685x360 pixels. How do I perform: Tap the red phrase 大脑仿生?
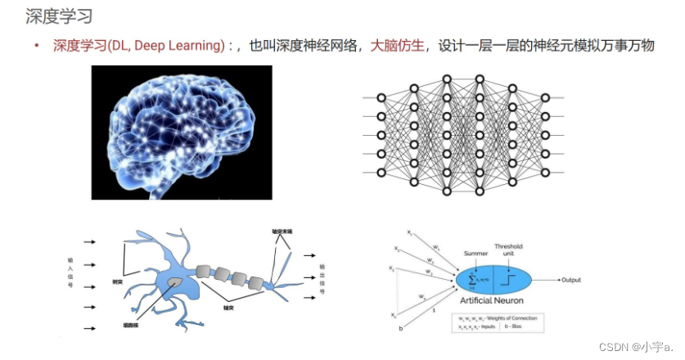click(398, 46)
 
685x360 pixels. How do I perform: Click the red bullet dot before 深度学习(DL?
click(37, 47)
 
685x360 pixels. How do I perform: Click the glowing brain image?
click(182, 132)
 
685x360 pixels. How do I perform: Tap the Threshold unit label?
click(508, 250)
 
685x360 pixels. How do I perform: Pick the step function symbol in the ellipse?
click(510, 280)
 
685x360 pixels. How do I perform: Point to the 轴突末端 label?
click(282, 232)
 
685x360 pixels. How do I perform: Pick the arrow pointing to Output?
click(546, 280)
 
